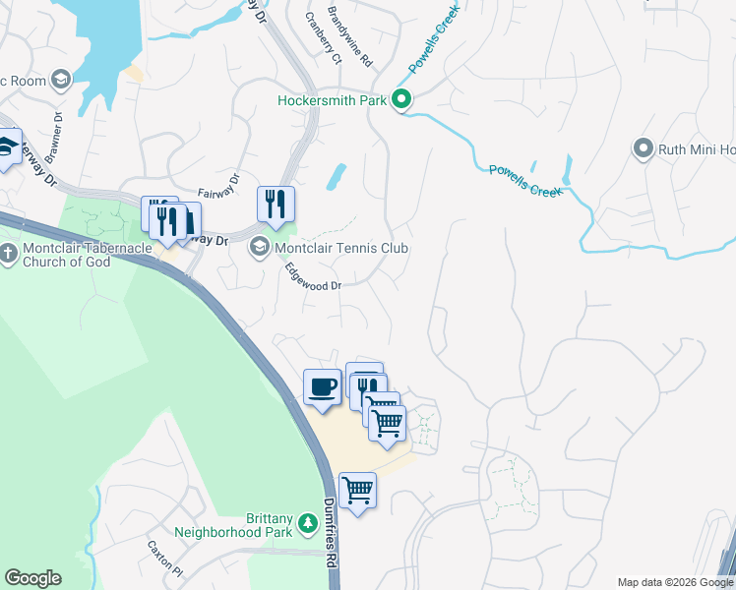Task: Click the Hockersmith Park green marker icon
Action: (x=400, y=99)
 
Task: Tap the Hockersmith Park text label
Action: (x=333, y=100)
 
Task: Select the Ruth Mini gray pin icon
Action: (x=644, y=149)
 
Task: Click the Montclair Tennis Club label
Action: (x=340, y=249)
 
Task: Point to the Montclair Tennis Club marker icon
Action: (x=260, y=247)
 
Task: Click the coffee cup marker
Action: (x=322, y=387)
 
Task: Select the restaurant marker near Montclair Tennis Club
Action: (x=276, y=204)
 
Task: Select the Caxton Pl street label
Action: (x=164, y=558)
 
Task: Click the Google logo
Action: (x=32, y=578)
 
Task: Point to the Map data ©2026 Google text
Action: (x=674, y=582)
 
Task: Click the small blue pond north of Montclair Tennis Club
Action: (x=336, y=176)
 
